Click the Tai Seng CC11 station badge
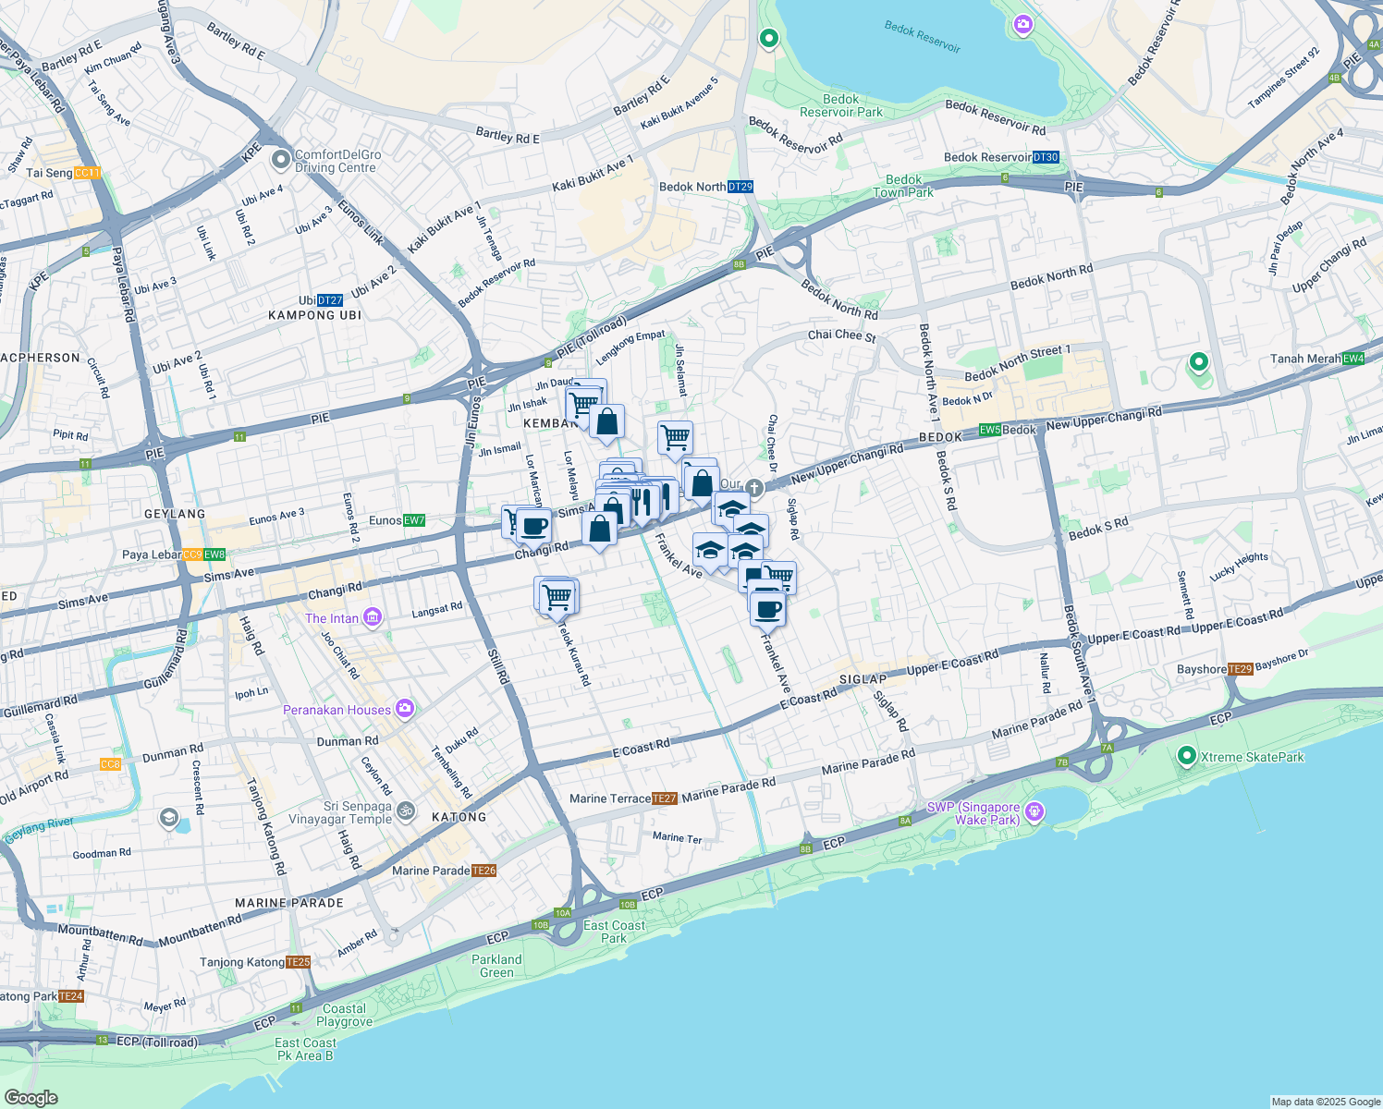[x=87, y=173]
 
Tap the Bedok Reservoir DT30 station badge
[x=1045, y=157]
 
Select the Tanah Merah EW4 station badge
[x=1352, y=359]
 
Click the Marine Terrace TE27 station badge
[x=664, y=798]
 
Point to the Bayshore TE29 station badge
[x=1240, y=669]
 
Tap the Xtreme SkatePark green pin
[x=1187, y=757]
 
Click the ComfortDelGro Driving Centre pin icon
[x=281, y=160]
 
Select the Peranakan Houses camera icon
[x=404, y=709]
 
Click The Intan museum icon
[x=373, y=617]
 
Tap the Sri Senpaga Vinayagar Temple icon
[x=405, y=811]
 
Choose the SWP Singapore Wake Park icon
[x=1034, y=812]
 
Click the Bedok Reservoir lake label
[x=922, y=37]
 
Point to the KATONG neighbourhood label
[x=459, y=817]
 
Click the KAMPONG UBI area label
[x=314, y=315]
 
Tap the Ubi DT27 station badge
[x=329, y=300]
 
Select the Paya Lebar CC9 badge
[x=192, y=554]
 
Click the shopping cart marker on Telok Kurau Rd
[x=557, y=596]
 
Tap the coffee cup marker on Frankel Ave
[x=767, y=609]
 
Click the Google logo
[x=31, y=1098]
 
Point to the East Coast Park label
[x=614, y=932]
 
